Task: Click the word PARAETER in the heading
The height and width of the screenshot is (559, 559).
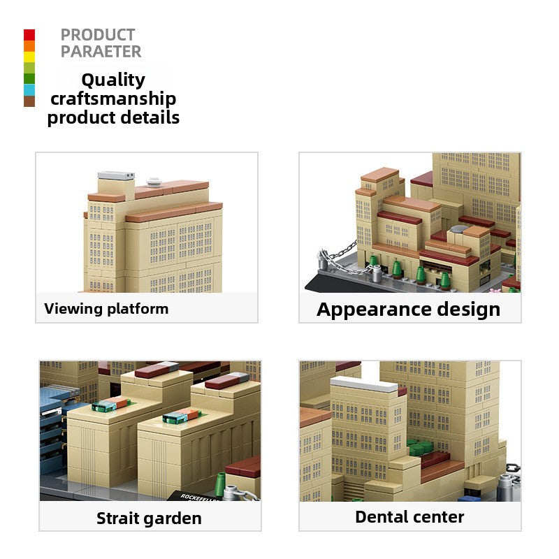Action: (x=101, y=52)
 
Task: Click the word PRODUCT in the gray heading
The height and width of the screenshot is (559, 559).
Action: (x=98, y=35)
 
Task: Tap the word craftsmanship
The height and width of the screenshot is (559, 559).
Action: (x=113, y=99)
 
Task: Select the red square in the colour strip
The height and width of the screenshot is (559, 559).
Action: (x=29, y=35)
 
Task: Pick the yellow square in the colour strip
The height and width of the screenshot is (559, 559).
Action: (x=29, y=57)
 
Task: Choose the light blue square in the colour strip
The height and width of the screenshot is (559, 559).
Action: (x=29, y=90)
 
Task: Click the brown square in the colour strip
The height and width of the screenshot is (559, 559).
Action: (x=29, y=101)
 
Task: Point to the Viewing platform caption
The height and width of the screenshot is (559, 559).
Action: (x=106, y=309)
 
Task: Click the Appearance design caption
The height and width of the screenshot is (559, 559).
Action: (x=409, y=310)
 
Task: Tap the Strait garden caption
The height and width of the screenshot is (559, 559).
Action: (x=149, y=518)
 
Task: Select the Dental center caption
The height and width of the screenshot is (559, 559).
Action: (x=409, y=517)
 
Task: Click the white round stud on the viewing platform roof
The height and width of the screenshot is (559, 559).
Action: (x=154, y=182)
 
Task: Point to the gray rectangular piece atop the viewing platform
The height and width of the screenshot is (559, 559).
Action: (x=116, y=175)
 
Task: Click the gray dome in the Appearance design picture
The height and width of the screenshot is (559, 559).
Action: (x=460, y=228)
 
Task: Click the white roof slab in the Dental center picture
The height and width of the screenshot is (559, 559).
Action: (x=364, y=385)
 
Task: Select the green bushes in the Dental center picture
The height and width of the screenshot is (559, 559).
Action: (x=420, y=448)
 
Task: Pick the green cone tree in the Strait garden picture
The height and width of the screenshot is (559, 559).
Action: (x=220, y=484)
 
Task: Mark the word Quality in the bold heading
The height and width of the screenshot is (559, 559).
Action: (x=113, y=80)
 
